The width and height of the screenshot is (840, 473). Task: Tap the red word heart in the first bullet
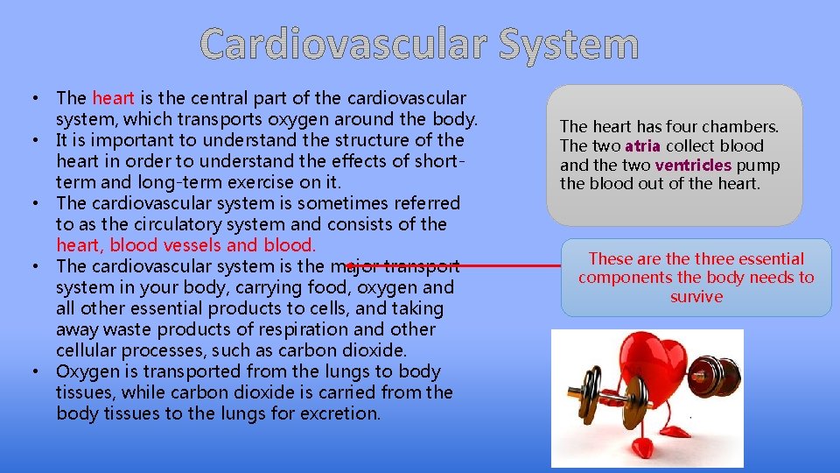coord(113,98)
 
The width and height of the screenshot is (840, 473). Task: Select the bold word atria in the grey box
coord(642,146)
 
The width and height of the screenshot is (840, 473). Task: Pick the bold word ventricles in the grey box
coord(694,166)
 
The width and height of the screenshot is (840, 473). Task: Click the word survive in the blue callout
coord(696,297)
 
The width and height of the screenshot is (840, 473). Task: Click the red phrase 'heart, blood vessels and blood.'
coord(185,245)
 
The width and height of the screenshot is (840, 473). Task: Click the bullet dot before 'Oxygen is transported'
coord(39,371)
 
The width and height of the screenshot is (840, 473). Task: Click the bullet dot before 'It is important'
coord(39,140)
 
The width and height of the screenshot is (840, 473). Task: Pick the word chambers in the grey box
coord(743,127)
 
